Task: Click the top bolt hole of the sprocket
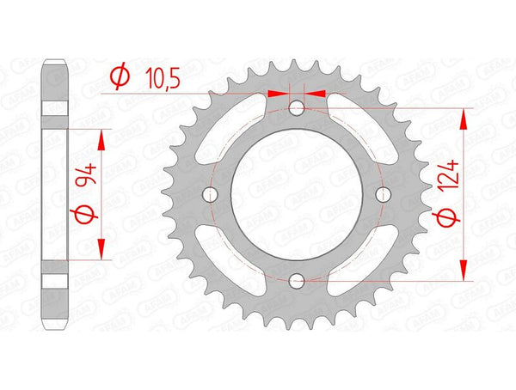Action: click(297, 109)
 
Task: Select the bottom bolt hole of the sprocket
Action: click(297, 280)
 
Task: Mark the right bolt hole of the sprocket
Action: click(383, 195)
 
